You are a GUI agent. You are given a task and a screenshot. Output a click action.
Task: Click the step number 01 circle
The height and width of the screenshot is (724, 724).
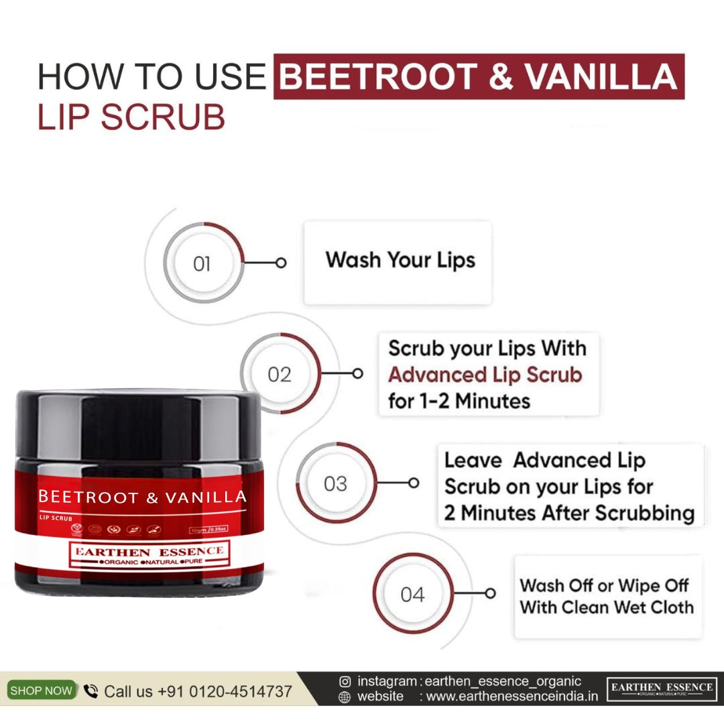point(202,263)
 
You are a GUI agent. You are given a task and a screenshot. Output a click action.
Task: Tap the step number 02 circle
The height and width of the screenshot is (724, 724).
point(280,373)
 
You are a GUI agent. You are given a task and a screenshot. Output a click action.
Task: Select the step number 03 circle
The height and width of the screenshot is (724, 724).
point(335,483)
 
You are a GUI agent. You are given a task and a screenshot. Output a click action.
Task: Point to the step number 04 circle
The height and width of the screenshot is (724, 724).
point(412,593)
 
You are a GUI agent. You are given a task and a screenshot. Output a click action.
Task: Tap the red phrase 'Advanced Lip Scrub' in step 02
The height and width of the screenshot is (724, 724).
point(484,374)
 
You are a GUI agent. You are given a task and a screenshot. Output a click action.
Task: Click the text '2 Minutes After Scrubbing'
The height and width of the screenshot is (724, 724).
point(568,513)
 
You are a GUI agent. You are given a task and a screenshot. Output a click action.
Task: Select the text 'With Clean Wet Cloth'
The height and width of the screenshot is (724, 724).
point(606,607)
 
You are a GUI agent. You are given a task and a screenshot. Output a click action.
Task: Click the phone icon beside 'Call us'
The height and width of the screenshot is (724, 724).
point(90,691)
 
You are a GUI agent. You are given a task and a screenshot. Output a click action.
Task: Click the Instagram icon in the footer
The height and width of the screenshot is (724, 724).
point(345,682)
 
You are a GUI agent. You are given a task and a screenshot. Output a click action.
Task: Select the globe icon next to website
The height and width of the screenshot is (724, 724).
point(345,697)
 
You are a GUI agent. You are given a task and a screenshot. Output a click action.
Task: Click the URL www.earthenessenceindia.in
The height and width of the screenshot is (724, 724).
point(511,697)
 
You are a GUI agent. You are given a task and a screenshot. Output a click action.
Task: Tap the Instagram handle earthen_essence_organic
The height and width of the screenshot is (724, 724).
point(503,681)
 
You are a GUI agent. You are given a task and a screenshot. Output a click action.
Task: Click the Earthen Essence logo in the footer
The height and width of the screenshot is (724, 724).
point(661,689)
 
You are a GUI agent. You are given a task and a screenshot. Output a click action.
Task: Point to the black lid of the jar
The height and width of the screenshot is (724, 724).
point(137,422)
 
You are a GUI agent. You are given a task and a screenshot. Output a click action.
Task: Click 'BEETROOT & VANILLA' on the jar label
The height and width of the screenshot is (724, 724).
point(142,497)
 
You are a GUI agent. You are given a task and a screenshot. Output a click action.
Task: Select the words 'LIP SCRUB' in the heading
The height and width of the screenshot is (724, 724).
point(131,117)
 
